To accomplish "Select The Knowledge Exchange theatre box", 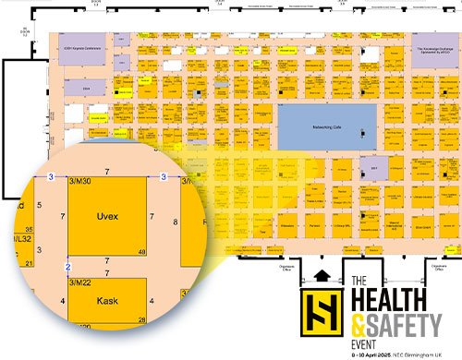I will point(430,53).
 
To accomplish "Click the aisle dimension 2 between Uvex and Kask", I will point(67,267).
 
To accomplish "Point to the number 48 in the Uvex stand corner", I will point(141,251).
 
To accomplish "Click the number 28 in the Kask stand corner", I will point(141,319).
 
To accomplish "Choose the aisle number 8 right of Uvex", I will point(176,222).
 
